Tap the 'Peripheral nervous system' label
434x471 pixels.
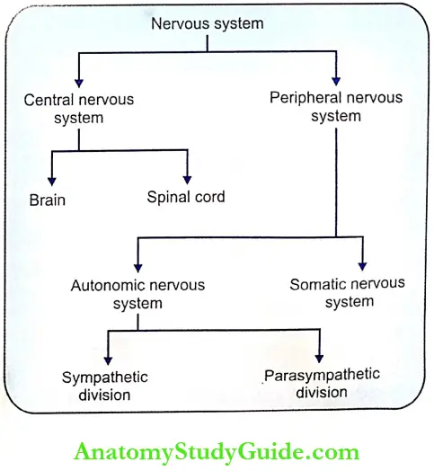tap(336, 106)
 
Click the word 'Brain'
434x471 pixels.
tap(47, 200)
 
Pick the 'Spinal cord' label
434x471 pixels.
tap(185, 197)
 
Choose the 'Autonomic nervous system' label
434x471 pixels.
tap(137, 294)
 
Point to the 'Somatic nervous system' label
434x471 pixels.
tap(348, 292)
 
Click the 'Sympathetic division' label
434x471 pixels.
tap(104, 386)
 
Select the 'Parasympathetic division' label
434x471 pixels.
tap(322, 383)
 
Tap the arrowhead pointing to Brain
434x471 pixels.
tap(52, 181)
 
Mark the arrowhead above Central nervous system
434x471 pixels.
tap(79, 80)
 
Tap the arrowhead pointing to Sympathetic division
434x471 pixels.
tap(108, 359)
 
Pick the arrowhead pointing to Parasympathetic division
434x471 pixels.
tap(318, 357)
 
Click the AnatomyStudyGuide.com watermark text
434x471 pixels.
tap(217, 451)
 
